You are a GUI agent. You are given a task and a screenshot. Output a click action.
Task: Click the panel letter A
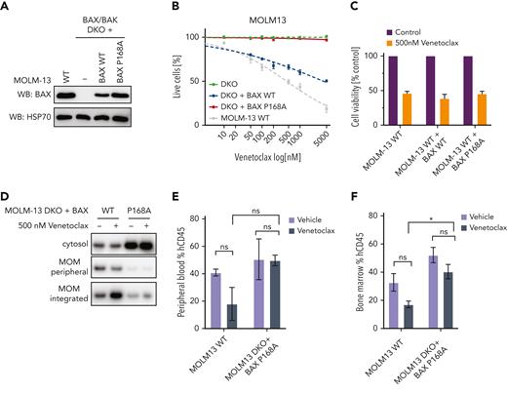[7, 8]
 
